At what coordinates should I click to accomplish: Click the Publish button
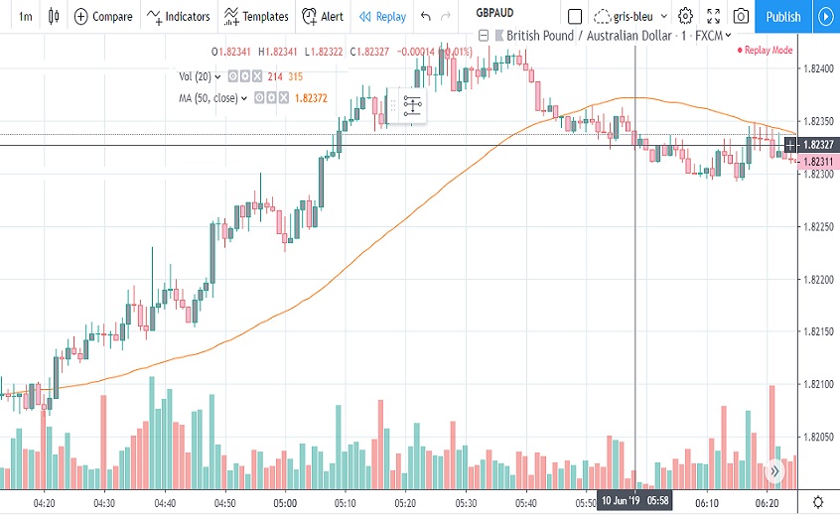coord(783,16)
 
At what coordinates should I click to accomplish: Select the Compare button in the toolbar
coord(103,16)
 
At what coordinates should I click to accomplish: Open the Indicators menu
coord(179,16)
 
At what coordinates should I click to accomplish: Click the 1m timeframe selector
coord(26,16)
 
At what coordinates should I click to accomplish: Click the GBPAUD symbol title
coord(493,13)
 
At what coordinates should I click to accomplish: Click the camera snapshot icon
coord(741,16)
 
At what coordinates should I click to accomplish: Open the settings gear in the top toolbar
coord(685,16)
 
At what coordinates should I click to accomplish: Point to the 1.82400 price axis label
coord(816,68)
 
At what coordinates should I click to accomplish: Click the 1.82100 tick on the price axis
coord(816,384)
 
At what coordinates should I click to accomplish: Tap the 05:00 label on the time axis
coord(286,503)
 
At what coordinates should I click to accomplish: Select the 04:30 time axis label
coord(103,503)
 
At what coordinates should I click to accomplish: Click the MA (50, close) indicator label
coord(209,98)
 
